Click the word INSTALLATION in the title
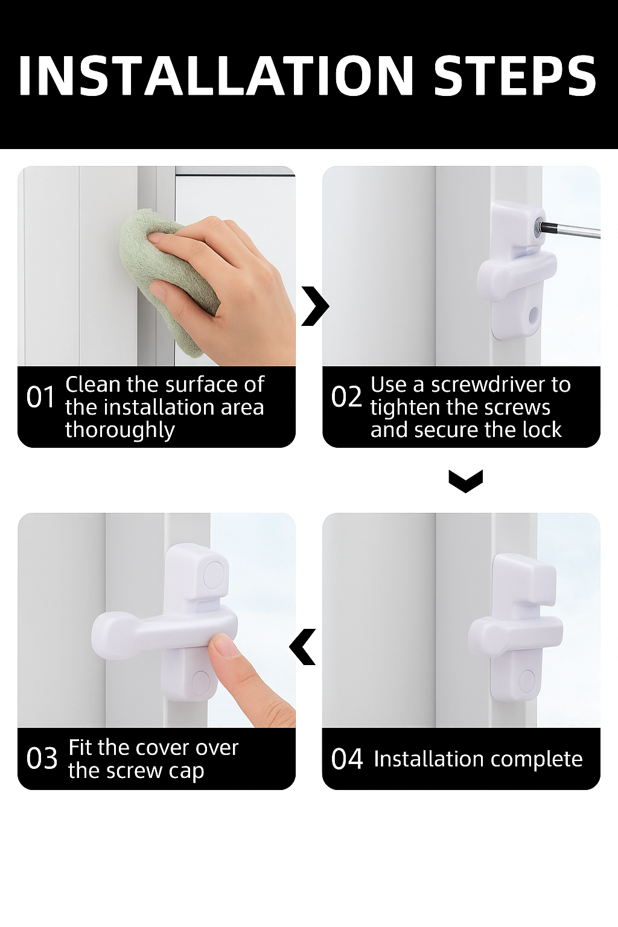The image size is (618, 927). [215, 75]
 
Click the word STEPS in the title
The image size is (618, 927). [515, 75]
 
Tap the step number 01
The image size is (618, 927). [40, 397]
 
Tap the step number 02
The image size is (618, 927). [346, 397]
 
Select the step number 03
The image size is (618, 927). [42, 758]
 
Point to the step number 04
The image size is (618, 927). [347, 759]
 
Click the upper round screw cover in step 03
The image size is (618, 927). [214, 574]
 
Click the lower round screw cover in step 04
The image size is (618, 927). [526, 681]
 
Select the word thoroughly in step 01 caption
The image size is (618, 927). [120, 430]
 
